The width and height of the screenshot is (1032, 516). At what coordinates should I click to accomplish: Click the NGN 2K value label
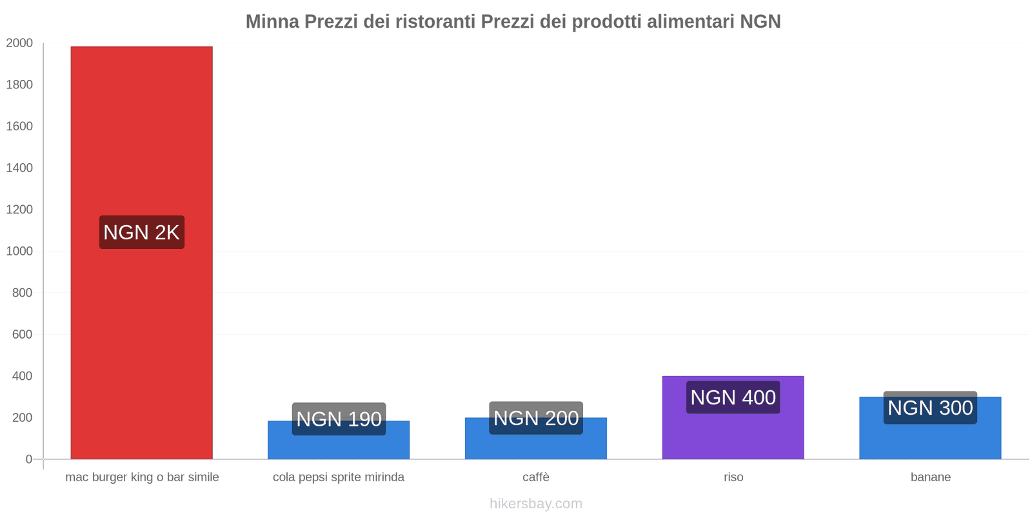(141, 232)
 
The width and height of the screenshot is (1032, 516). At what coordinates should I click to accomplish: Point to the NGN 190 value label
(339, 419)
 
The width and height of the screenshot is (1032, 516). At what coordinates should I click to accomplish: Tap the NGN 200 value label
(535, 418)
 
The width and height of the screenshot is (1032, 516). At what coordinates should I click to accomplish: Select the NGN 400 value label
(733, 397)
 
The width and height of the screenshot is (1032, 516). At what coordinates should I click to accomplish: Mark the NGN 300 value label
(929, 408)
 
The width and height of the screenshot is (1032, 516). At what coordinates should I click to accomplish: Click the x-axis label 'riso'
(733, 477)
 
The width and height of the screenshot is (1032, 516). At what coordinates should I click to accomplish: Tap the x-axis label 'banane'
(930, 477)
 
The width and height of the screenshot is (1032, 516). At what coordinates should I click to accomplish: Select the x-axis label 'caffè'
(536, 477)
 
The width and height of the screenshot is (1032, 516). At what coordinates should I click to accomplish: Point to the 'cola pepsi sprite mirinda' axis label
(339, 477)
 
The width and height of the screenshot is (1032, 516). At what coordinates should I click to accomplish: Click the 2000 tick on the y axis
(19, 43)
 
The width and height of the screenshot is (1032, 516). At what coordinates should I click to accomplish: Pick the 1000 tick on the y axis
(19, 251)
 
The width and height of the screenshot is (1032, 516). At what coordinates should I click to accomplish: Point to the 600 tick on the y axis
(22, 334)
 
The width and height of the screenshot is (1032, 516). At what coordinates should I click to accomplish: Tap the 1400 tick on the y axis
(19, 168)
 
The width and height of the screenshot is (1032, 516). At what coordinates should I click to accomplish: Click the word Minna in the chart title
(272, 22)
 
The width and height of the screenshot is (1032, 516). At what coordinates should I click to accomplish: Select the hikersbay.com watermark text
(535, 504)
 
